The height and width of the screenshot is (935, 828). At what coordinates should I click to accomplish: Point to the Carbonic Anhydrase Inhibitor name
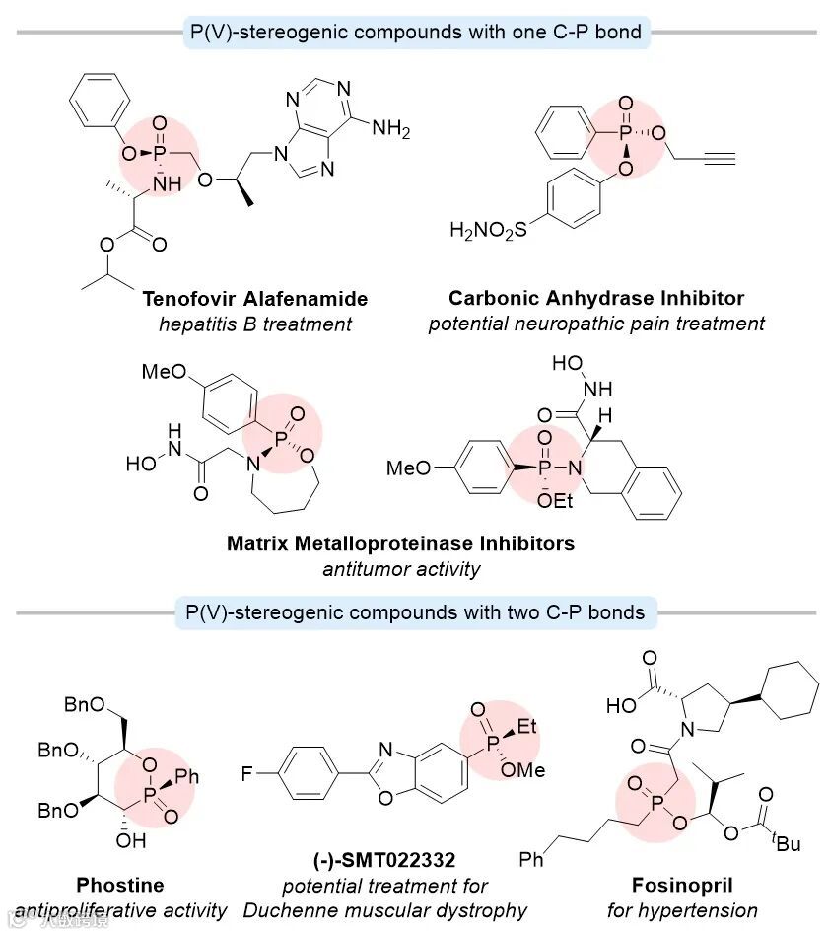[x=596, y=298]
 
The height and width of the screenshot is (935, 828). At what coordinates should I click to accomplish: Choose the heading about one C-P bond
[x=414, y=32]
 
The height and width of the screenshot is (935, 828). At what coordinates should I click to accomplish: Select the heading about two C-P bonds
[x=414, y=611]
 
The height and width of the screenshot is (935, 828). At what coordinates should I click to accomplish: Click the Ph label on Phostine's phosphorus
[x=187, y=777]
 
